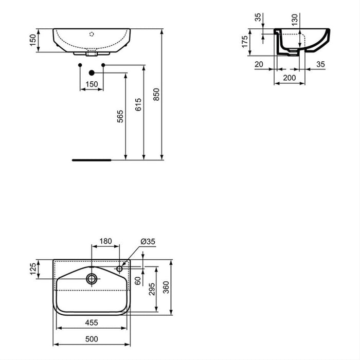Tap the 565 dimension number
point(120,118)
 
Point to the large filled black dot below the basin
point(92,74)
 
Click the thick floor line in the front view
point(92,160)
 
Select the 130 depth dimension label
point(295,19)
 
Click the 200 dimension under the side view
point(290,78)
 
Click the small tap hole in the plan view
point(120,268)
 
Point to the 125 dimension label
point(33,268)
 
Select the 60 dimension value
point(137,281)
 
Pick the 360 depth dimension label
point(166,286)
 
